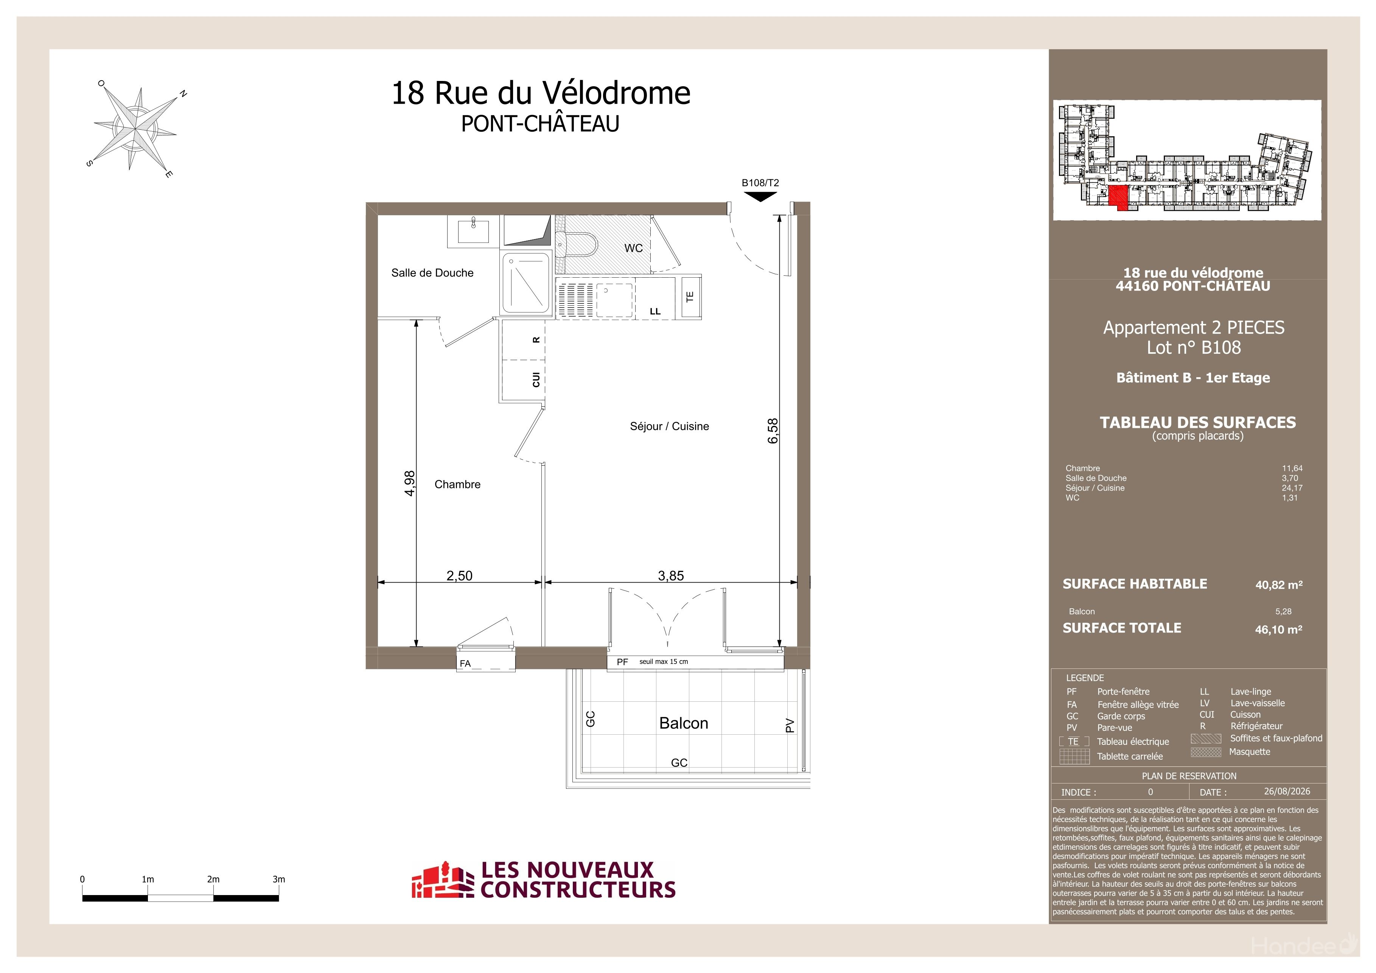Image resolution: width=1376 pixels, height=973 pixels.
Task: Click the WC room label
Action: (633, 248)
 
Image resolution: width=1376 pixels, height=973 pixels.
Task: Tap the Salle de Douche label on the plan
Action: (432, 273)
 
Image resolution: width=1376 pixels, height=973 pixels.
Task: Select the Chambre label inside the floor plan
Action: (457, 484)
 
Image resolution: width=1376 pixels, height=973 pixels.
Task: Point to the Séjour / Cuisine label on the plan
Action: (669, 426)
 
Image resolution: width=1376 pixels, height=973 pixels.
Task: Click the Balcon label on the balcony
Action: (684, 723)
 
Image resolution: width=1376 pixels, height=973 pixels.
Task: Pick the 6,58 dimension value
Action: (773, 431)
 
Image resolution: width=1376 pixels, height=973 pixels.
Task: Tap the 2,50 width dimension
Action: (460, 576)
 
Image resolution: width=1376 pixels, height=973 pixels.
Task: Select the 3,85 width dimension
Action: (671, 576)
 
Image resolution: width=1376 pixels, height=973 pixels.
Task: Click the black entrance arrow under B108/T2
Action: (760, 196)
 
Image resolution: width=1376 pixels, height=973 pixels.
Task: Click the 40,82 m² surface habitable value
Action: (1279, 585)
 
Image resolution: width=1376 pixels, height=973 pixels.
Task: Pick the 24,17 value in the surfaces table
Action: (1292, 488)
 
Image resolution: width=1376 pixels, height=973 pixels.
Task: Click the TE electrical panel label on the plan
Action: (690, 296)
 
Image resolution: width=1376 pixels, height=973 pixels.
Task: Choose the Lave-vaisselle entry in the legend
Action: (1257, 703)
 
